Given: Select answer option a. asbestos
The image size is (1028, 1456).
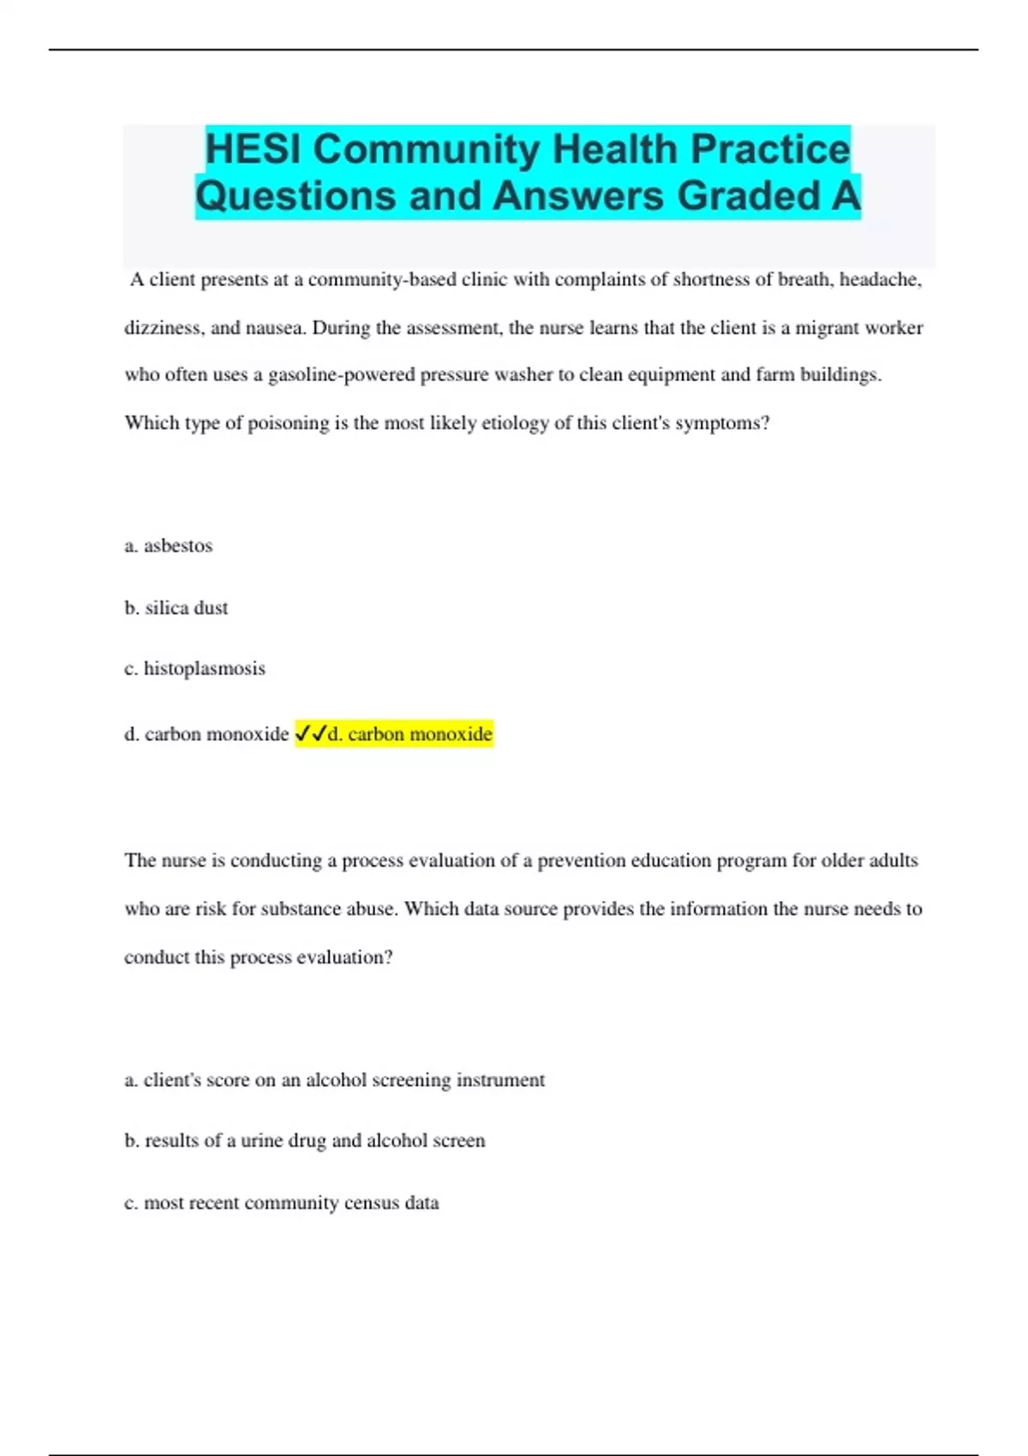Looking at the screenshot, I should [169, 546].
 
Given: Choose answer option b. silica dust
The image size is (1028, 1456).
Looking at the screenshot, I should [176, 608].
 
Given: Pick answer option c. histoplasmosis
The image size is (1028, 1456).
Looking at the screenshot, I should [195, 668].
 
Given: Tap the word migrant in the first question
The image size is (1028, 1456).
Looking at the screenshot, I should [826, 328].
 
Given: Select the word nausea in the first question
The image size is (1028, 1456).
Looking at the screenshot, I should [275, 328].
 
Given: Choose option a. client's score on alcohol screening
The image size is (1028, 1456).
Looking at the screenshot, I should [335, 1080].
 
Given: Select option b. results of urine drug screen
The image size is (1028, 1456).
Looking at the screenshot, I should [305, 1141].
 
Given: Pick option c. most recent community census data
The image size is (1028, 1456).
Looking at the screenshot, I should [282, 1202].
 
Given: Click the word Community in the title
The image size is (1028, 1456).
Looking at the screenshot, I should [427, 149].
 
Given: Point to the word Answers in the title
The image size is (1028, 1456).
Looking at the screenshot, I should [588, 195].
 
